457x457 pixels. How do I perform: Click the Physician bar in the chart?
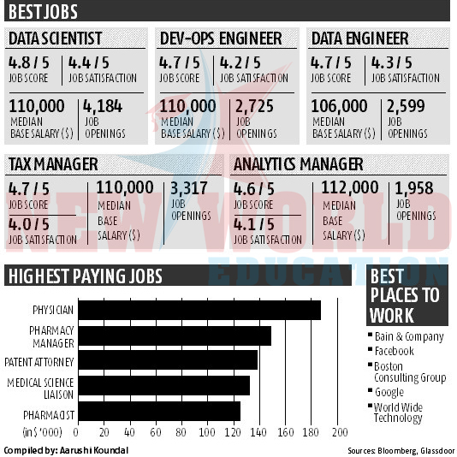[199, 310]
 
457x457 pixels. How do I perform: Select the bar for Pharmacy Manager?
[175, 335]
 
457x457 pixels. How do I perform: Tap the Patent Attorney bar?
[168, 360]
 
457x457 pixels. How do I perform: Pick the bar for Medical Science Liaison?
[164, 385]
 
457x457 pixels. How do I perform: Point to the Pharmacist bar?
[159, 411]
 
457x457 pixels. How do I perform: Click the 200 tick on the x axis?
[340, 432]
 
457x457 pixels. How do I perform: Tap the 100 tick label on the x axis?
[207, 432]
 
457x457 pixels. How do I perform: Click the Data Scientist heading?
[56, 39]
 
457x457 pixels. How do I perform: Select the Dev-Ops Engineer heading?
[221, 39]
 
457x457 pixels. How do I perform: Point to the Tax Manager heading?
[53, 164]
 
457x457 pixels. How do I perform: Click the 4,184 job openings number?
[103, 106]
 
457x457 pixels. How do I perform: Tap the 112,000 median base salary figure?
[350, 187]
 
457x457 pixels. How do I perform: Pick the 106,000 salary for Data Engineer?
[339, 106]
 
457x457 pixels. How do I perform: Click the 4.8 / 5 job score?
[29, 62]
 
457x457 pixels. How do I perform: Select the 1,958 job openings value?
[414, 188]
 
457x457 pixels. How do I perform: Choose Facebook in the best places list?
[394, 351]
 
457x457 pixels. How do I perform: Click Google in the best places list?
[389, 392]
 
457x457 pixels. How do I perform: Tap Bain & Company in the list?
[409, 337]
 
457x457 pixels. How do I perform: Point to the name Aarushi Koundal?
[94, 450]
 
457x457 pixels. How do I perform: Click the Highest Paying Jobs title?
[86, 276]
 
